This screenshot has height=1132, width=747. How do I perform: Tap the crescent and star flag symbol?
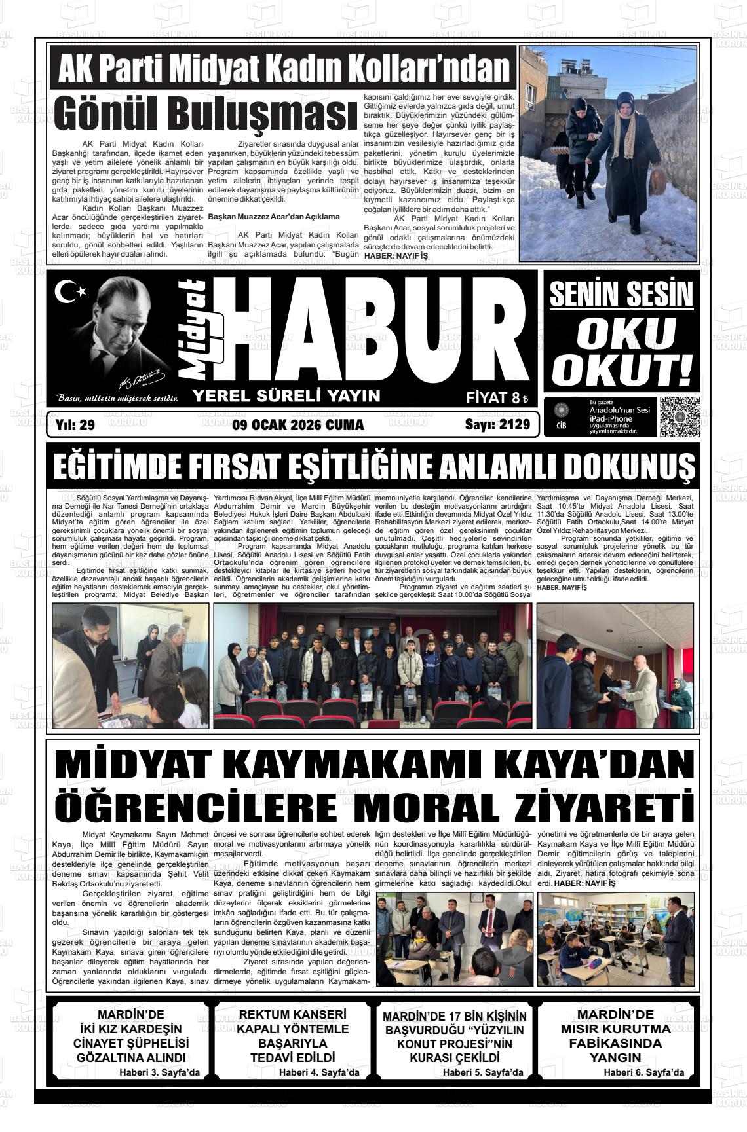coord(69,291)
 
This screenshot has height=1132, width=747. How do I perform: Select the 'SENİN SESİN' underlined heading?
coord(621,294)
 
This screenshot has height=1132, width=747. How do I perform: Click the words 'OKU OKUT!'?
coord(621,351)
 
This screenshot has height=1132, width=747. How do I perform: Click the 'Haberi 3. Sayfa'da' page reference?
coord(159,1072)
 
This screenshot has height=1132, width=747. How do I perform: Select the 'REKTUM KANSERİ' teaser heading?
coord(293,1015)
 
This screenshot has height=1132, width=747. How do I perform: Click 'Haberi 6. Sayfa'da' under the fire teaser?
coord(643,1072)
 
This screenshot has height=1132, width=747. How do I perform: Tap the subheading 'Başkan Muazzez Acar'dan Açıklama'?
coord(273,216)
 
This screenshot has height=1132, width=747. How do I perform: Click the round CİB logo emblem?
coord(561,411)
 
